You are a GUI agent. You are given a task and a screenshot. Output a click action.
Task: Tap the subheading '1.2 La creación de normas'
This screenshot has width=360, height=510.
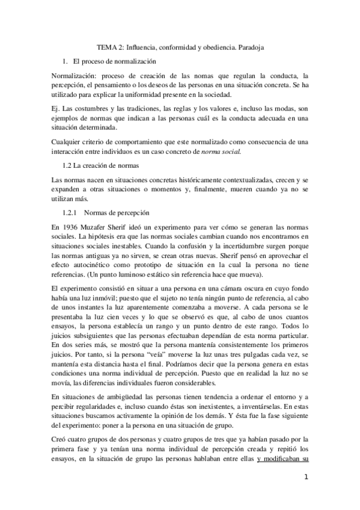tap(100, 165)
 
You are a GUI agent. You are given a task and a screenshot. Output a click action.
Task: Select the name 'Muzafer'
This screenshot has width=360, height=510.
tap(96, 227)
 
